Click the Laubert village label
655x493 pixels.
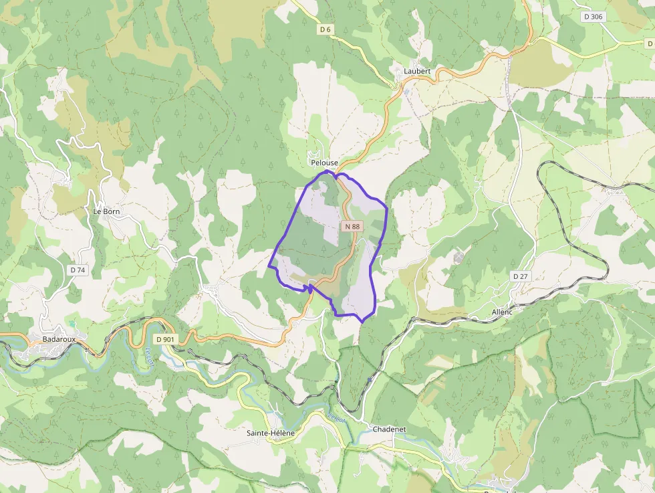[x=417, y=71]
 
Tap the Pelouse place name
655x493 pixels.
[x=324, y=163]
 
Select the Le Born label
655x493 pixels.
[x=106, y=211]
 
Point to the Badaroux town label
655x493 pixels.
[x=59, y=339]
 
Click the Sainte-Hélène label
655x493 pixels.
[x=270, y=433]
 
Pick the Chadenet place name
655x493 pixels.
[x=388, y=429]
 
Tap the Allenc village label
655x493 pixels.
[x=501, y=312]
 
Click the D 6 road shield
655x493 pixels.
[x=325, y=29]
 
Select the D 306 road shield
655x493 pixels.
[x=592, y=16]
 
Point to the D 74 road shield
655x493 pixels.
[x=78, y=270]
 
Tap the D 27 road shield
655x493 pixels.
[x=520, y=276]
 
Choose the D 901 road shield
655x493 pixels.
[x=164, y=339]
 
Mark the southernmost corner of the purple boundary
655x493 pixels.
[x=362, y=322]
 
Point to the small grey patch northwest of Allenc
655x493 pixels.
[x=458, y=257]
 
